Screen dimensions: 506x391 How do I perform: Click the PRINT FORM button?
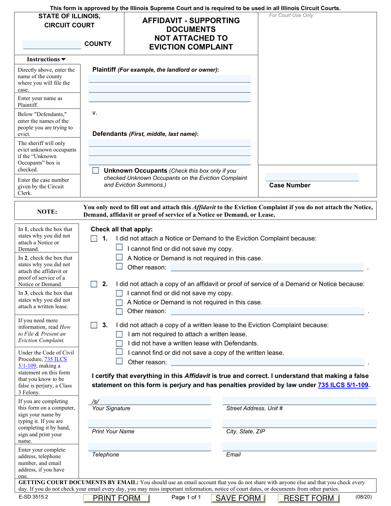[116, 498]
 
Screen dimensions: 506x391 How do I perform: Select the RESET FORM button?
[309, 498]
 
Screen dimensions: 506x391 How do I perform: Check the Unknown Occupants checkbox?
[95, 170]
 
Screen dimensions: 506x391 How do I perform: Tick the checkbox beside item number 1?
[94, 239]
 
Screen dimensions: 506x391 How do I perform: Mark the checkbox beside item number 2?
[94, 284]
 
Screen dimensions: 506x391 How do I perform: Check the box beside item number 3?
[94, 325]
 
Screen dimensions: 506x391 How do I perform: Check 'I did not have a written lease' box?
[120, 343]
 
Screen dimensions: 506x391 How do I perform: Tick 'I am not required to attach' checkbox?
[120, 334]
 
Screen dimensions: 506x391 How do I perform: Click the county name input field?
[52, 45]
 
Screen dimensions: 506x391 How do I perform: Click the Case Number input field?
[312, 177]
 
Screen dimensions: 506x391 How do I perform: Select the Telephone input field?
[150, 447]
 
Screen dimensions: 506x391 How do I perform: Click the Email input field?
[299, 447]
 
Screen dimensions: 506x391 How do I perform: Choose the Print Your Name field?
[150, 424]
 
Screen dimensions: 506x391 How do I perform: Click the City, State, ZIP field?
[299, 424]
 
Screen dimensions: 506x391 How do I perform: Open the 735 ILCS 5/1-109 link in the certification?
[343, 385]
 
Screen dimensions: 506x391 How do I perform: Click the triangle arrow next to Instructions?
[64, 59]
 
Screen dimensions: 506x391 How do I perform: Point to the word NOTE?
[47, 212]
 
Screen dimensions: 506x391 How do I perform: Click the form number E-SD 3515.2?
[33, 497]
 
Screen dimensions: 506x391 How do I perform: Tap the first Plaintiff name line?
[169, 79]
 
